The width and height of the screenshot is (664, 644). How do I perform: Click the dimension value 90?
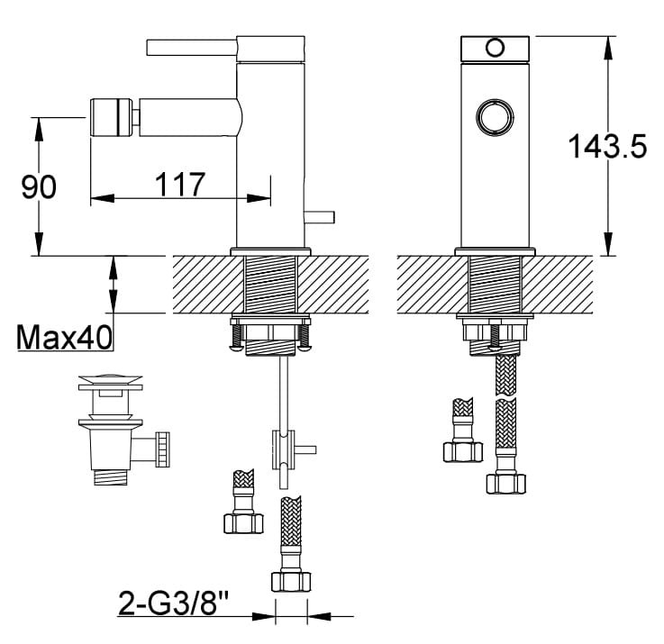click(39, 186)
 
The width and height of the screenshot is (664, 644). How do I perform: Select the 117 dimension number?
click(180, 185)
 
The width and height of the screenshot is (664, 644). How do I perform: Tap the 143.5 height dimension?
click(606, 145)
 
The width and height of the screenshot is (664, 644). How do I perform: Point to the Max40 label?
click(63, 338)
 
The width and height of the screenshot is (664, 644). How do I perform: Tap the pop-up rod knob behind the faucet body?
click(320, 215)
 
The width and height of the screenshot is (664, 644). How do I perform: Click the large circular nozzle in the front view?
click(494, 117)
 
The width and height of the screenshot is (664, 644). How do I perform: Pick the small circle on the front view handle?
click(493, 47)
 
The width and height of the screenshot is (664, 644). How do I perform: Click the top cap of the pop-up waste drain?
click(110, 382)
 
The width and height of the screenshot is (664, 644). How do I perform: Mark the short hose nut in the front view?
click(462, 449)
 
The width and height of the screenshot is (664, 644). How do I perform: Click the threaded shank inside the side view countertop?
click(271, 284)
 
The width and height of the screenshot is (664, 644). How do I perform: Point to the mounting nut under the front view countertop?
click(495, 333)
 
